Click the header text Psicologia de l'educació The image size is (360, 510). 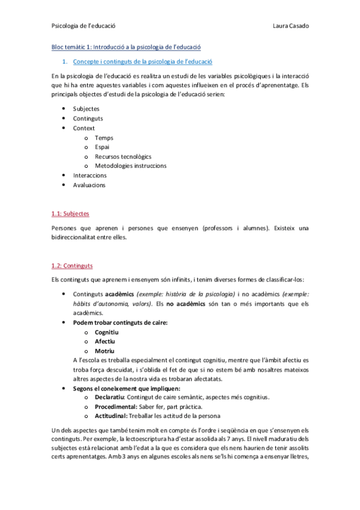84,25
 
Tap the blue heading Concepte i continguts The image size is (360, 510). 142,61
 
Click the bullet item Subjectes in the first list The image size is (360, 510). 86,109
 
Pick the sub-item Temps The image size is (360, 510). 104,138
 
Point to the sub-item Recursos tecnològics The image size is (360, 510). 123,156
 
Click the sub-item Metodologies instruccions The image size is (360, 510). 130,166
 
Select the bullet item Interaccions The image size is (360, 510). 90,176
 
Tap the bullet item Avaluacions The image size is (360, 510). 89,185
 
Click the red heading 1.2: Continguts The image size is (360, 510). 72,265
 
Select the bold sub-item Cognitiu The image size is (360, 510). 106,332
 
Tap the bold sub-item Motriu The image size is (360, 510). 104,351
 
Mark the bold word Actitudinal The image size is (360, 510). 112,416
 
